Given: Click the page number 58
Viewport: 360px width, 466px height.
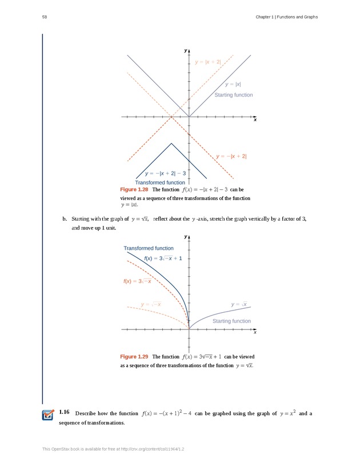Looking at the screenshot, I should pos(45,17).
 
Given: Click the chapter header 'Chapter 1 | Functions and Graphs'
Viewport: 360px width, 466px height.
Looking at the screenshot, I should pos(286,17).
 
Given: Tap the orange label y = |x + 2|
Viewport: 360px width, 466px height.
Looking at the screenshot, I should pos(208,62).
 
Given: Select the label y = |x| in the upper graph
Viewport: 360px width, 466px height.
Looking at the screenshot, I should pos(233,85).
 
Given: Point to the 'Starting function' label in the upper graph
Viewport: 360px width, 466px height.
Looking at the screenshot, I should pos(233,95).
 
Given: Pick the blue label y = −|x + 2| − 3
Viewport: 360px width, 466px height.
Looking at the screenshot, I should pos(166,173).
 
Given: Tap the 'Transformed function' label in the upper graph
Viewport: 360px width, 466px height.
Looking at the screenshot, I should pos(160,182).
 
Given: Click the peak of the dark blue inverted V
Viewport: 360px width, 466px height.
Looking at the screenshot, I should pos(171,144).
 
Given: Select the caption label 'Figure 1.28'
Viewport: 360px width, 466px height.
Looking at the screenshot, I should pos(134,189).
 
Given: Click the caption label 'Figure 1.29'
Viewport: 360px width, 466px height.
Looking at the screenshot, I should pos(134,357).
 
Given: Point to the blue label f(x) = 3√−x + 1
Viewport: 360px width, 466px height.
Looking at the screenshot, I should pos(163,258).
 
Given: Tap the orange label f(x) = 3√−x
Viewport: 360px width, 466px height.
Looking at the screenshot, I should pos(137,281).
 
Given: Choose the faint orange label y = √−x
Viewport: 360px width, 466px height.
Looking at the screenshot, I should pos(151,304).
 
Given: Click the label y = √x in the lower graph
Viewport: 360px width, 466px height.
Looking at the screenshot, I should pos(239,304).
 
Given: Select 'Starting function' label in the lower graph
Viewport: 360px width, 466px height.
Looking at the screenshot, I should pos(231,321).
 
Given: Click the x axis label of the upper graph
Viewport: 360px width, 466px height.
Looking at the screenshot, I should pos(255,121).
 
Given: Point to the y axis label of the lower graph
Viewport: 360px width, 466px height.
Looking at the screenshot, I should pos(186,237).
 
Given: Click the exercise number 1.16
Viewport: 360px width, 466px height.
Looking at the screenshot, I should pos(64,413).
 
